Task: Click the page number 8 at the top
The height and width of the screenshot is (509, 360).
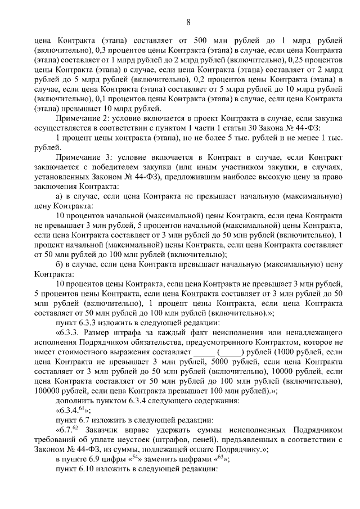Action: click(188, 22)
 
